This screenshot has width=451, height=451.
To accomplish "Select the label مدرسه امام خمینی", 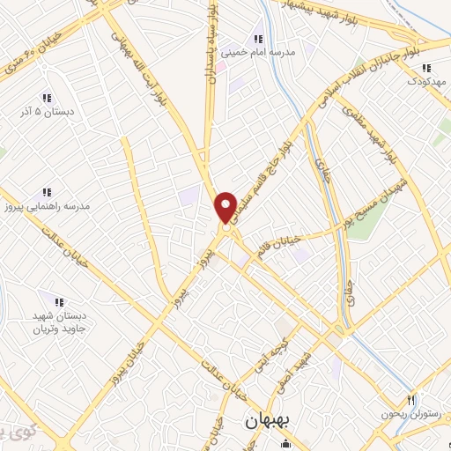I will (258, 52).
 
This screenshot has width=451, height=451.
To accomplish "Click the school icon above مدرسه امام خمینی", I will (258, 39).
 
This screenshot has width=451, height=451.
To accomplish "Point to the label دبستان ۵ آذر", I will (47, 113).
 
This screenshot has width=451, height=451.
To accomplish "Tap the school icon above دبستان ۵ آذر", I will (47, 99).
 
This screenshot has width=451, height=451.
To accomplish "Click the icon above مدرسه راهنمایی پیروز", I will (48, 192).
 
